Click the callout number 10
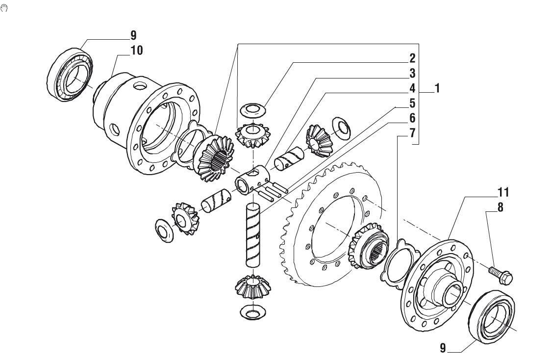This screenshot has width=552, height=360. click(x=137, y=51)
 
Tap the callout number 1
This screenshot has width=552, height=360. click(x=437, y=88)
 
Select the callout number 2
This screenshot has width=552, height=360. click(x=412, y=58)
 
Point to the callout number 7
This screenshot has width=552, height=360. click(x=412, y=133)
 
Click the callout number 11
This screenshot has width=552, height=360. click(x=503, y=192)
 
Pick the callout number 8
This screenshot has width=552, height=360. click(x=500, y=207)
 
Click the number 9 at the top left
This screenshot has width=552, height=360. click(x=133, y=35)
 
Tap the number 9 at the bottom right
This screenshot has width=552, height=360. click(x=443, y=348)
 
